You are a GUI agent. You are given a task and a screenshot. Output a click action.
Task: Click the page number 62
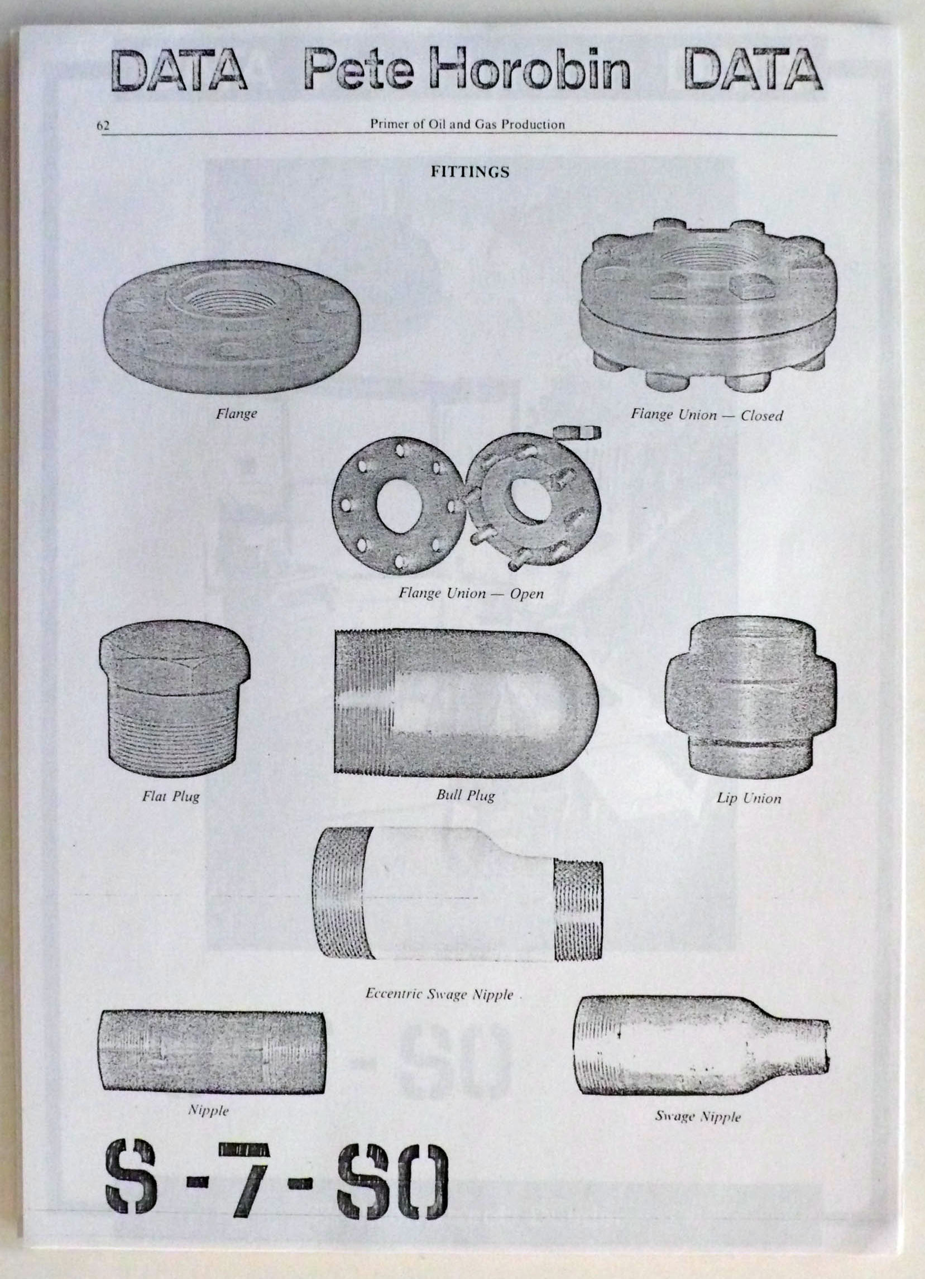103,125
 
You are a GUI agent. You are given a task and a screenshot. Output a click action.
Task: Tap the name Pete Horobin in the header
467,69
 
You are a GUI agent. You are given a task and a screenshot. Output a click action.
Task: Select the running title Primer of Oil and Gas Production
468,124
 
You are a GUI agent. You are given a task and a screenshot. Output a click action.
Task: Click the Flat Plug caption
170,797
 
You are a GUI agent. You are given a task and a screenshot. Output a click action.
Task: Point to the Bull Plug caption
466,796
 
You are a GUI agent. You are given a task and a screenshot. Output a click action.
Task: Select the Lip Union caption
749,798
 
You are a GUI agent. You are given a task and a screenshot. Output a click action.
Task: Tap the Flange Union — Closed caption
707,415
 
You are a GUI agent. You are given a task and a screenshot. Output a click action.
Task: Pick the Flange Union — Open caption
471,593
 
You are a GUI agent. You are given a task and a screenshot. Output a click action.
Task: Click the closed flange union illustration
708,304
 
